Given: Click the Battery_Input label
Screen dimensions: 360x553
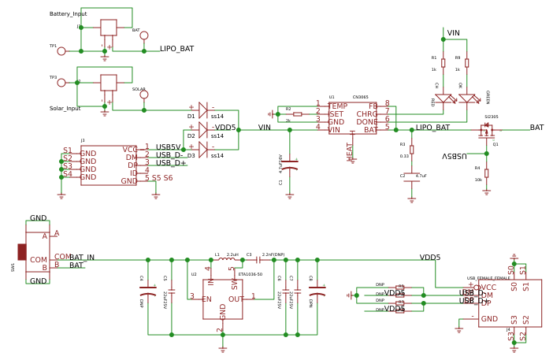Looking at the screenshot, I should pyautogui.click(x=69, y=14).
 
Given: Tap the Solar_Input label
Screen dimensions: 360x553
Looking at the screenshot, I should pyautogui.click(x=65, y=109).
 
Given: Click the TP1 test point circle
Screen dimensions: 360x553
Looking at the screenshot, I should pyautogui.click(x=61, y=51).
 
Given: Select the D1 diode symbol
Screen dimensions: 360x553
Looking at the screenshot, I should pyautogui.click(x=202, y=109).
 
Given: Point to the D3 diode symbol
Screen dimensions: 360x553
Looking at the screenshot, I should pyautogui.click(x=202, y=149).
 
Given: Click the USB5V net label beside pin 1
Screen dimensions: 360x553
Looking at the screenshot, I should pyautogui.click(x=168, y=147).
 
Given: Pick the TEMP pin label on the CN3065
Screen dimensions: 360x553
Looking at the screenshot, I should pyautogui.click(x=338, y=106).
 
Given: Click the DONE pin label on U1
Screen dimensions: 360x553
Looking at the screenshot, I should pyautogui.click(x=366, y=122).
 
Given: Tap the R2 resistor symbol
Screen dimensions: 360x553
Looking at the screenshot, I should pyautogui.click(x=297, y=114).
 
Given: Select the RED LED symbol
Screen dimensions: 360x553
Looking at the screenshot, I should pyautogui.click(x=444, y=99).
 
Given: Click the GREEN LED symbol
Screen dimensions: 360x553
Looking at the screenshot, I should pyautogui.click(x=467, y=99).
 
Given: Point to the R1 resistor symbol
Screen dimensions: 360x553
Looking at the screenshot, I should pyautogui.click(x=443, y=62).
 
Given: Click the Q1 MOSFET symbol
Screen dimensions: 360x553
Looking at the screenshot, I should pyautogui.click(x=486, y=128).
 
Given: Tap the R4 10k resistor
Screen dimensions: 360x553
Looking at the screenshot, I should pyautogui.click(x=486, y=173).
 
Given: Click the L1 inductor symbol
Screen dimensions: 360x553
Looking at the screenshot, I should pyautogui.click(x=225, y=259).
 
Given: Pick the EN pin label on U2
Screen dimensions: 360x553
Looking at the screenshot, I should pyautogui.click(x=207, y=299).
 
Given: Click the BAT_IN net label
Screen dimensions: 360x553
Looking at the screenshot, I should pyautogui.click(x=82, y=258).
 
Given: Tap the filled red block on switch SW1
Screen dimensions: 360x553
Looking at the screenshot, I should pyautogui.click(x=22, y=251).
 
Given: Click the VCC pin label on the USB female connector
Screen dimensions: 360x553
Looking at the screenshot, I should pyautogui.click(x=488, y=288).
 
